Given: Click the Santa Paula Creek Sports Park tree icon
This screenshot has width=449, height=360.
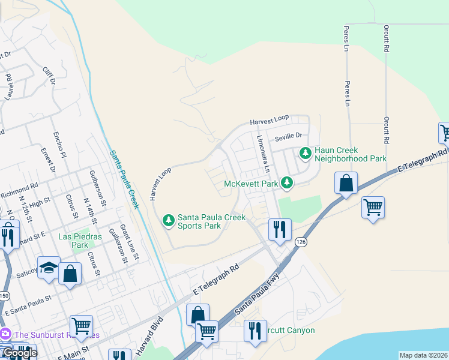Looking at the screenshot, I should pyautogui.click(x=169, y=221).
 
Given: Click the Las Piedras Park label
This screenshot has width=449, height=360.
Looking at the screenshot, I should pyautogui.click(x=73, y=241).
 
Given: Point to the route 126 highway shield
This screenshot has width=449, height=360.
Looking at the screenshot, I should pyautogui.click(x=300, y=241).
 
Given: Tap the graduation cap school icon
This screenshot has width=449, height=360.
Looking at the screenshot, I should pyautogui.click(x=48, y=268).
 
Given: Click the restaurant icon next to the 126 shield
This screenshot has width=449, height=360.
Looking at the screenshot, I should pyautogui.click(x=280, y=229).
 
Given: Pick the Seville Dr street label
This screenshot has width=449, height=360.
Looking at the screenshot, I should pyautogui.click(x=287, y=138).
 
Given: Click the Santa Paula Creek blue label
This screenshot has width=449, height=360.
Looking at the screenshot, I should pyautogui.click(x=124, y=179).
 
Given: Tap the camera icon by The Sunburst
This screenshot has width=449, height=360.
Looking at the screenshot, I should pyautogui.click(x=5, y=334).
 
